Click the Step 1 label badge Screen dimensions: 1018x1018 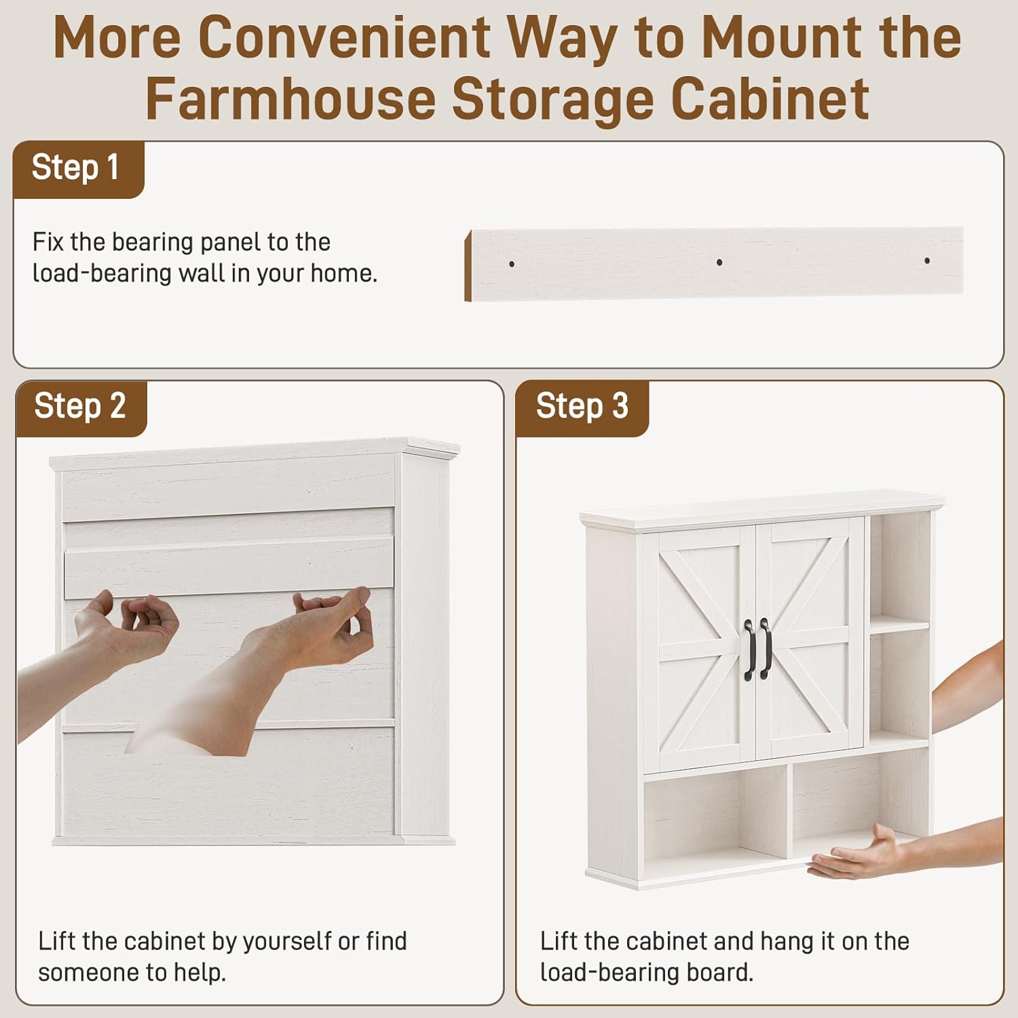[78, 170]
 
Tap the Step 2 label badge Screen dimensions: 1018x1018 [81, 408]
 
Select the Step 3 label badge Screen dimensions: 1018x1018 [582, 408]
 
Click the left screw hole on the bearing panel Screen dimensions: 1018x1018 [512, 264]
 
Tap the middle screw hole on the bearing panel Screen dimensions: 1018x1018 [719, 262]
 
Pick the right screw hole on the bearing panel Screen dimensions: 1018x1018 [927, 261]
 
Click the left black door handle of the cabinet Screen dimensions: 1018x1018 [749, 649]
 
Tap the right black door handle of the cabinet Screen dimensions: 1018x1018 [766, 648]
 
